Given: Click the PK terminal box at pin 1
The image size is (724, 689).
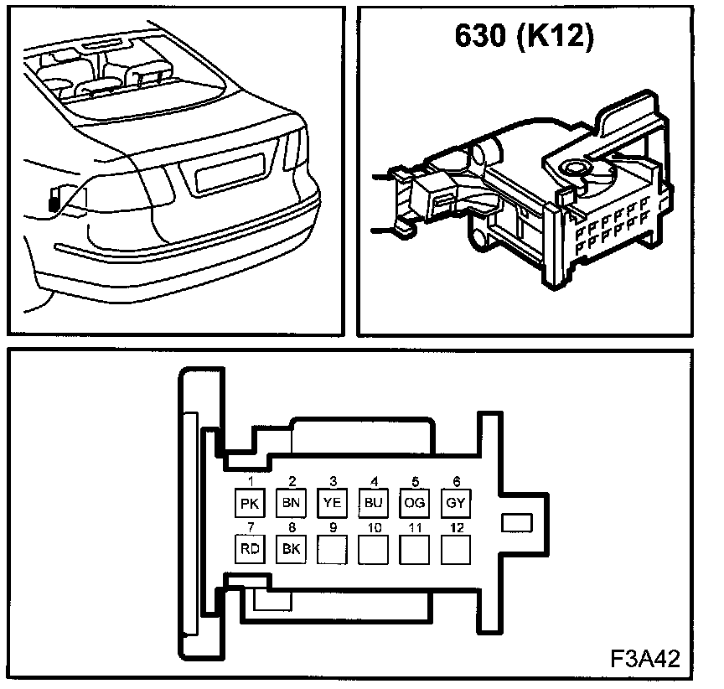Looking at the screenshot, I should click(x=249, y=503).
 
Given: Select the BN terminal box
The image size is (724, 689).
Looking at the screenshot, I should click(x=291, y=503).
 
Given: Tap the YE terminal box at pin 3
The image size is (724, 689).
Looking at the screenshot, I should click(x=332, y=503).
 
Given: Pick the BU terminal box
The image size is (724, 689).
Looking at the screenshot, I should click(x=373, y=503).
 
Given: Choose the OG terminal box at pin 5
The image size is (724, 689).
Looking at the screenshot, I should click(x=414, y=503).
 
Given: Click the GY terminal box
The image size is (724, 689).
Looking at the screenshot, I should click(x=455, y=503).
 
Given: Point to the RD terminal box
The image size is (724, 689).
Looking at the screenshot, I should click(x=249, y=549).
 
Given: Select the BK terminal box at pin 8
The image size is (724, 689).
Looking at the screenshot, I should click(x=291, y=549).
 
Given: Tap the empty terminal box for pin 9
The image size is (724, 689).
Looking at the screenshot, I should click(x=332, y=549).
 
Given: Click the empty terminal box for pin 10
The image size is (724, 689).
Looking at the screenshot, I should click(x=373, y=549).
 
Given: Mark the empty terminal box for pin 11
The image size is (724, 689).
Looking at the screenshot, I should click(x=414, y=549).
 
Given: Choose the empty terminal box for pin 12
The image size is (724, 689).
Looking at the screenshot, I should click(x=455, y=549).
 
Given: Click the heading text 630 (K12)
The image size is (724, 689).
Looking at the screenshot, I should click(x=524, y=36).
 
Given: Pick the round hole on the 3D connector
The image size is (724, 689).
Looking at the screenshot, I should click(x=577, y=169).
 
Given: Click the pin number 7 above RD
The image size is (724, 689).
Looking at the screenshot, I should click(x=249, y=528).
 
